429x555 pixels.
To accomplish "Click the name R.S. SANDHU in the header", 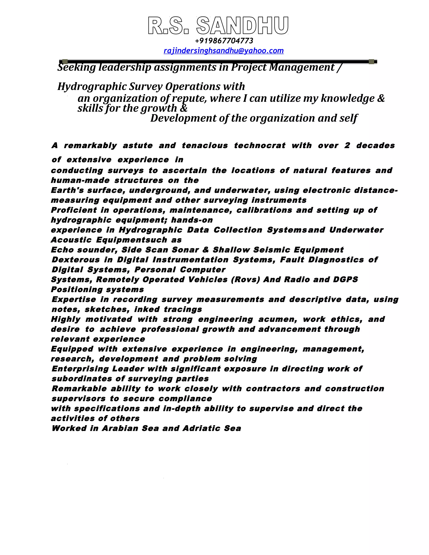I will click(218, 26).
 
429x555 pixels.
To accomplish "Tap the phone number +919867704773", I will click(224, 41).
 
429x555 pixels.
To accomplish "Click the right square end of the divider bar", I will click(371, 62).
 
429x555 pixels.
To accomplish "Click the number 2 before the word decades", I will click(347, 146).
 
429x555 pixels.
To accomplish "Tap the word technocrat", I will click(260, 146).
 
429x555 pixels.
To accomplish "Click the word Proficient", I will click(74, 210).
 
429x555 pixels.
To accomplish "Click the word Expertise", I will click(74, 299).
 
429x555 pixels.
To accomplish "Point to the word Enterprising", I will click(80, 369).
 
